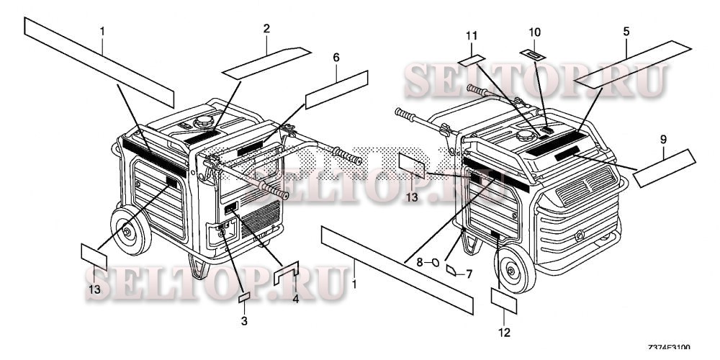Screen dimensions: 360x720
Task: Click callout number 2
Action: [x=266, y=29]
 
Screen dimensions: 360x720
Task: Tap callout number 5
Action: [x=626, y=32]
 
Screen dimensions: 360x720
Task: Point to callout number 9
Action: [x=662, y=135]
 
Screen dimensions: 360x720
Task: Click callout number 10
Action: [x=534, y=32]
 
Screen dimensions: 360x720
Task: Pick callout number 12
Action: [x=503, y=332]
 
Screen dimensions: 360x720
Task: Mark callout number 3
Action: [x=244, y=320]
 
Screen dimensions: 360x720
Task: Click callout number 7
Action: [x=468, y=274]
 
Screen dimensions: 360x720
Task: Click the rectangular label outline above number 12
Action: [x=503, y=300]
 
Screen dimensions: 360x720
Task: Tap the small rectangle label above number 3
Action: [x=244, y=297]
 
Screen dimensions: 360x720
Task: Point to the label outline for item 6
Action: [x=336, y=89]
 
